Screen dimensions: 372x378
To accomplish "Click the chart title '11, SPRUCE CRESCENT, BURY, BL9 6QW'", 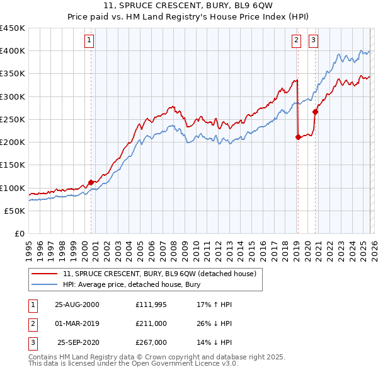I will coord(189,7).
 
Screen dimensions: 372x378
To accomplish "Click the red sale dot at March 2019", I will coord(297,137).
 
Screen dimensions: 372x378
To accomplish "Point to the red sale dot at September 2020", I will coord(315,112).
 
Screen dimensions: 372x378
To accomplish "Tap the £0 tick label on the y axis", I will coord(19,233).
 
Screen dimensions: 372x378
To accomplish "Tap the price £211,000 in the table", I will coord(151,323).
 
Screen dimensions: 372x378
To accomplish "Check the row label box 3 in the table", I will coord(31,342).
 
